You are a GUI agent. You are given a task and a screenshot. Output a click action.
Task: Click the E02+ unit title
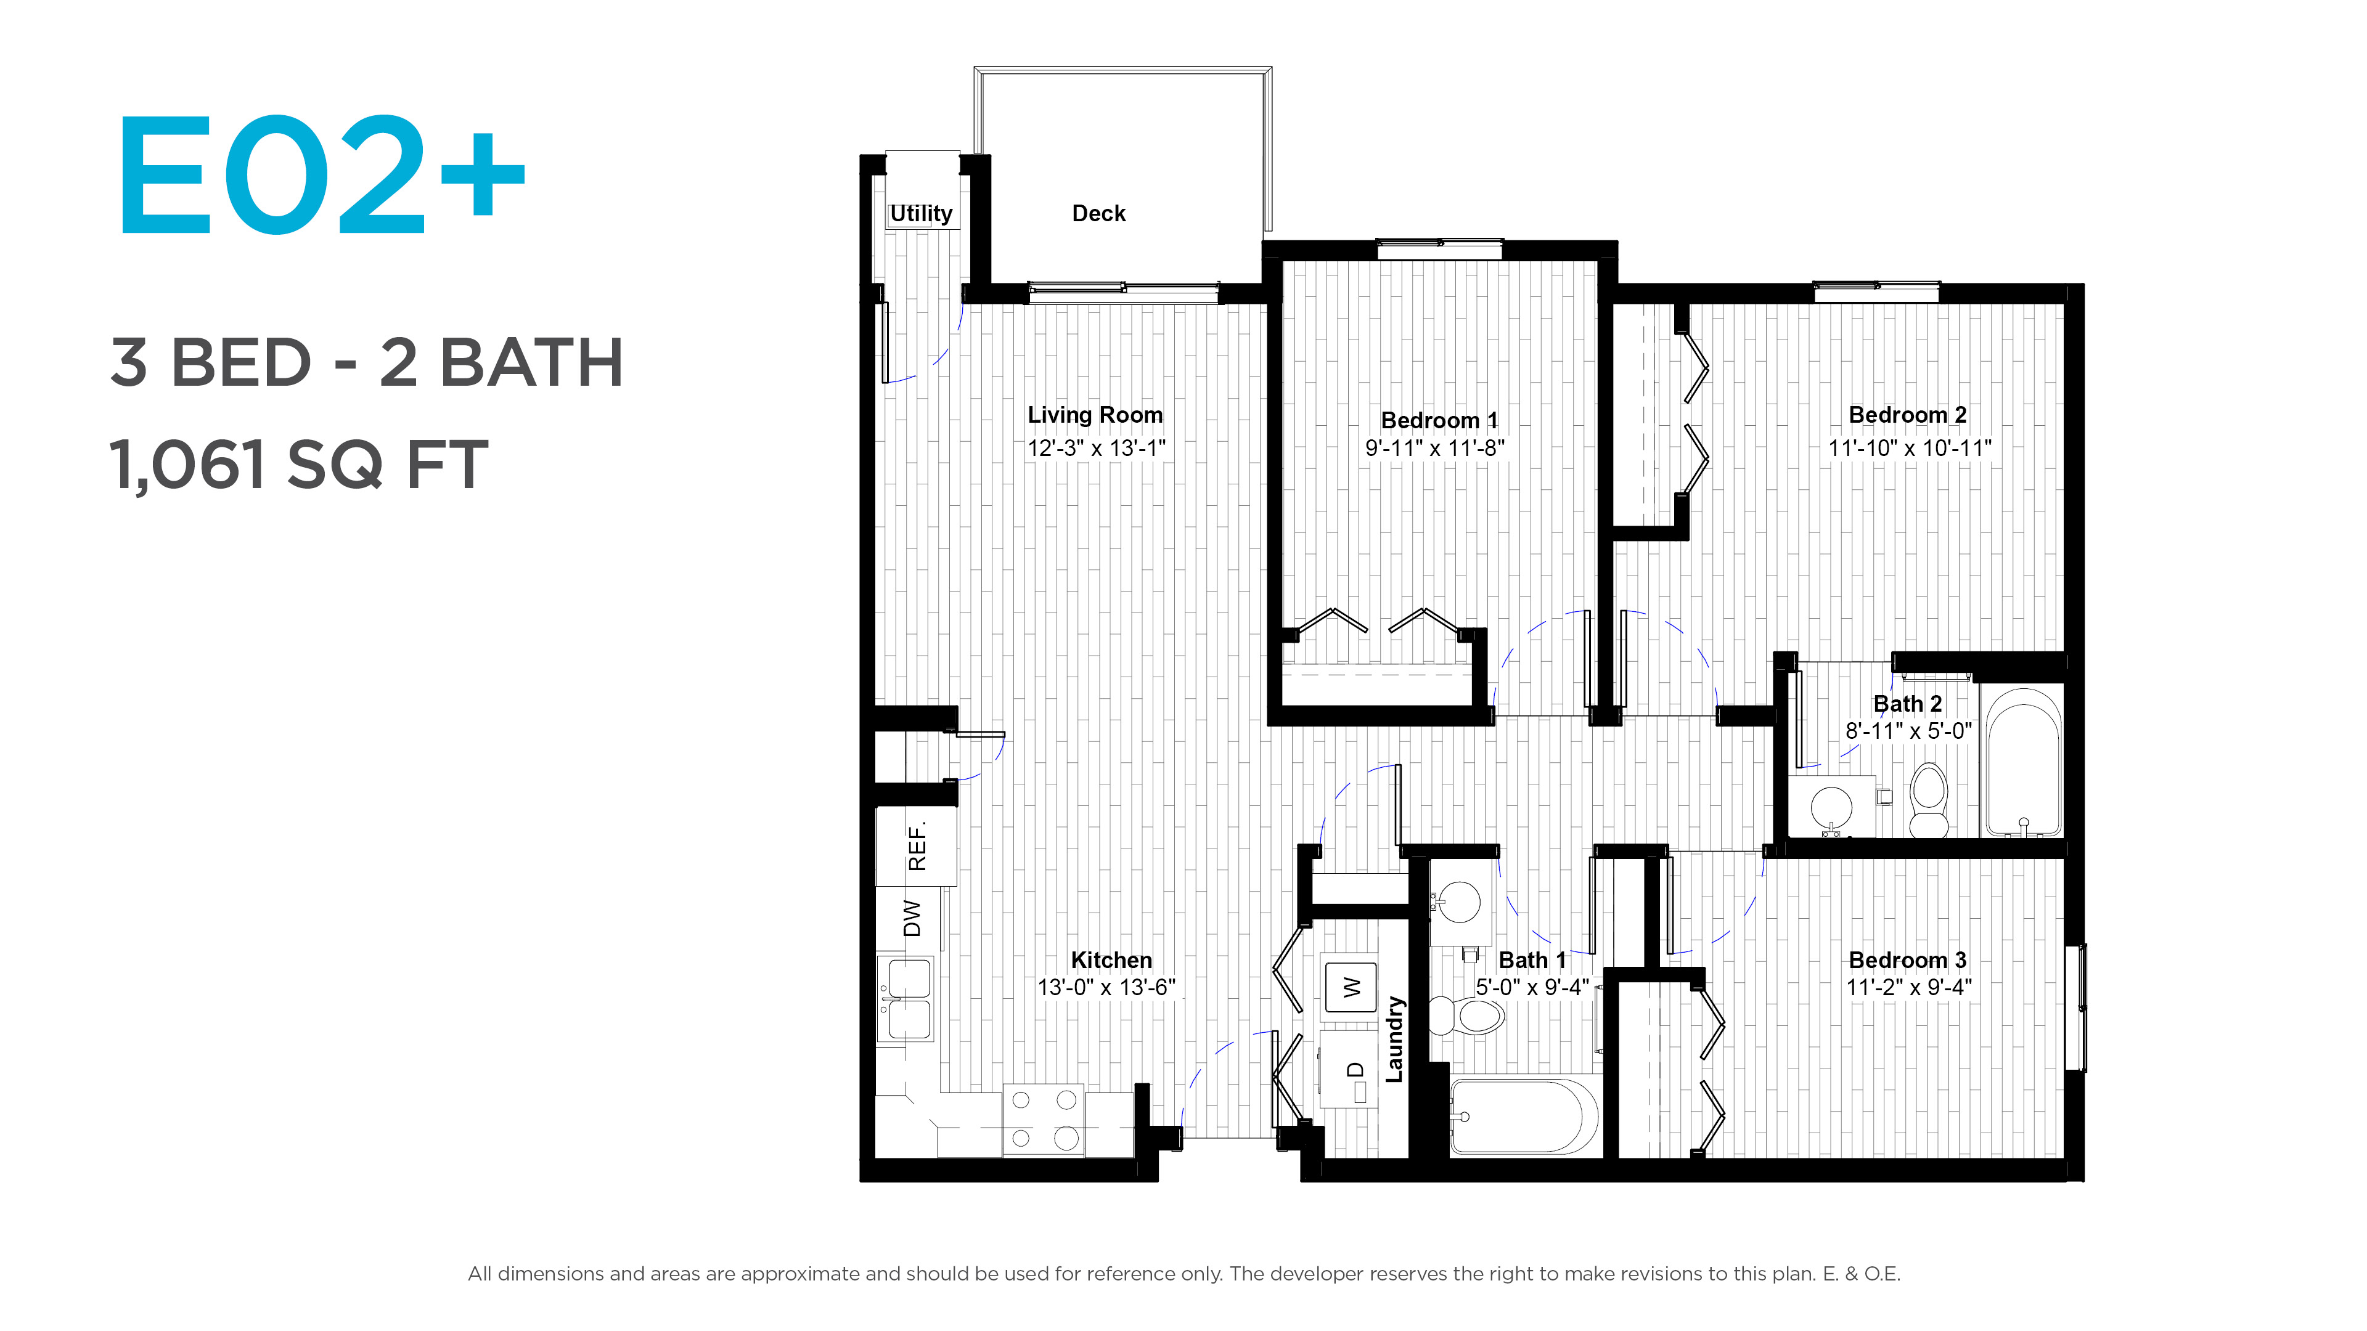point(321,174)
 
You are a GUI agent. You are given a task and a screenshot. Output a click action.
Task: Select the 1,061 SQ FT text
point(298,465)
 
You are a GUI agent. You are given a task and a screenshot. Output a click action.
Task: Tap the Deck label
point(1098,213)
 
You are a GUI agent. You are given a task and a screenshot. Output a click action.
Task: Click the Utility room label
point(921,214)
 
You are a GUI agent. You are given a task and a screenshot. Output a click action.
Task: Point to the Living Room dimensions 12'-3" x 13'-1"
point(1096,448)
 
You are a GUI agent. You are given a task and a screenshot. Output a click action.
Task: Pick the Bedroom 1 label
point(1439,420)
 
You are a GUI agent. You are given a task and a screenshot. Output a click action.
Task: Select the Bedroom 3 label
point(1908,960)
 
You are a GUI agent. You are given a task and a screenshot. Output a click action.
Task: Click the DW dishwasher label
point(912,919)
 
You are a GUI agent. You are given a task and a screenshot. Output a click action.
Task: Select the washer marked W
point(1351,987)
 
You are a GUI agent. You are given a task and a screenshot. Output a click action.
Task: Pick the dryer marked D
point(1349,1069)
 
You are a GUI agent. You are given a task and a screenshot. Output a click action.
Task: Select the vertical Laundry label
point(1395,1039)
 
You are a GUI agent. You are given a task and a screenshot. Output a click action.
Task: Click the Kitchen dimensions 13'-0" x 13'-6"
point(1106,987)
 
